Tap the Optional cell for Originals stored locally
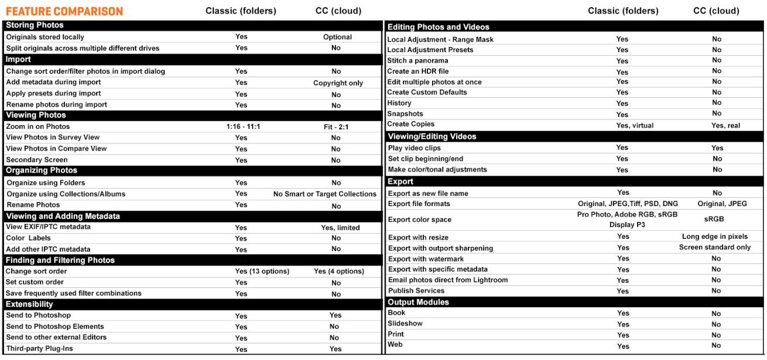point(337,37)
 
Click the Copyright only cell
point(338,83)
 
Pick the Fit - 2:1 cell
point(336,126)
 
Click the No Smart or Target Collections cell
point(324,194)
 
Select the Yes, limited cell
point(336,227)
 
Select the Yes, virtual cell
point(622,125)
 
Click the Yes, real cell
point(717,125)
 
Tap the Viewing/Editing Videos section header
point(432,136)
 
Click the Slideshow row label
point(406,324)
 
